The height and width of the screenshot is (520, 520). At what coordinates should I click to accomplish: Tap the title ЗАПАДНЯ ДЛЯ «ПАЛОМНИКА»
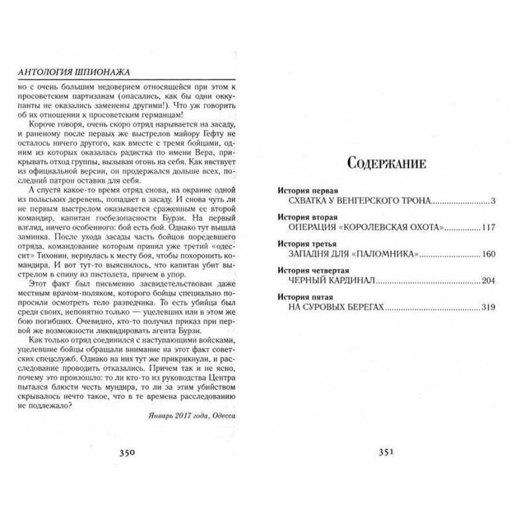coord(353,254)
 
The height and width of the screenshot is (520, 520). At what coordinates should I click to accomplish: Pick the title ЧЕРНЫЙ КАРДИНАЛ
coord(331,281)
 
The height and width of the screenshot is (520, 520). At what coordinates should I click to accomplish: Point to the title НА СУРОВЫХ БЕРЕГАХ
coord(336,308)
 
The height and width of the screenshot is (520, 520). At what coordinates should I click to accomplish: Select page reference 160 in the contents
coord(489,254)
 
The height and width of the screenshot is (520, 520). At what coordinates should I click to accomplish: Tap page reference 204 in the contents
coord(489,281)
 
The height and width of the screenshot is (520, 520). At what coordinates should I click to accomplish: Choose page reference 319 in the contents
coord(489,308)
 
